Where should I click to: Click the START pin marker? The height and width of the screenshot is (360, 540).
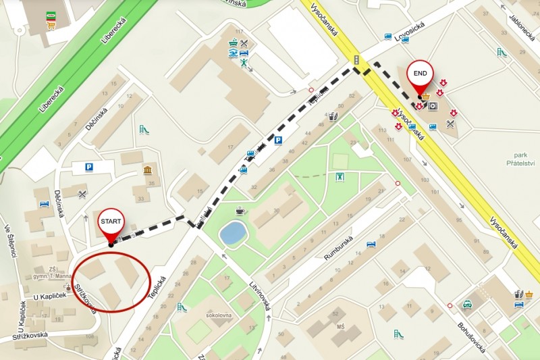(x=111, y=224)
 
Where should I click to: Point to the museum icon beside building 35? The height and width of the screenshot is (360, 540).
(x=147, y=170)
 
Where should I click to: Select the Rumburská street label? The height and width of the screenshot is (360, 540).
(x=337, y=247)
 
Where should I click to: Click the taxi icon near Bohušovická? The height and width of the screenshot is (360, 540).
(x=467, y=305)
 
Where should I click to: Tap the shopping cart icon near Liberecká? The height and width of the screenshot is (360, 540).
(x=51, y=25)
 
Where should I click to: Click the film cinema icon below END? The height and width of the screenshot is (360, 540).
(x=433, y=106)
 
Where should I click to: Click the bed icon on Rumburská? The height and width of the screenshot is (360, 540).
(x=370, y=245)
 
